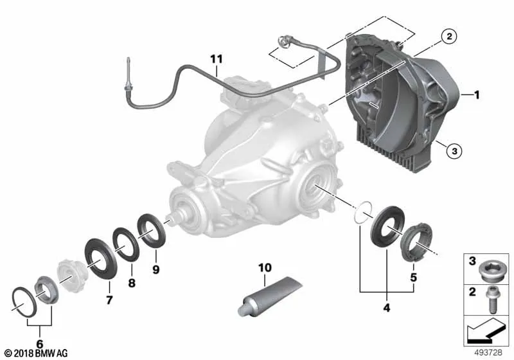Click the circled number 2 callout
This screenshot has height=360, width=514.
click(x=449, y=36)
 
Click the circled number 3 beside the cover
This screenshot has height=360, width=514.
click(x=454, y=151)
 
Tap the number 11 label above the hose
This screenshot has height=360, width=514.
click(x=217, y=59)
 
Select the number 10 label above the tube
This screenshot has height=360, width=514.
click(x=265, y=268)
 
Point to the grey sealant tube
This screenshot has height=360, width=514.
click(x=269, y=297)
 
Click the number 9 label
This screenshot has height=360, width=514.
click(x=156, y=269)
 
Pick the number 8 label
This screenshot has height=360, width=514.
click(x=132, y=283)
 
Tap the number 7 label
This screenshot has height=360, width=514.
click(x=109, y=300)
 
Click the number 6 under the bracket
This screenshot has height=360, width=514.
click(x=40, y=344)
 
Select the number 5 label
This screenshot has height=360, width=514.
click(x=413, y=277)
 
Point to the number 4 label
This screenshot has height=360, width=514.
click(x=387, y=308)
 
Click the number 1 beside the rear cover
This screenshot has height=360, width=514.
click(x=477, y=94)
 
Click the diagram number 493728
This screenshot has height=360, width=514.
click(x=488, y=352)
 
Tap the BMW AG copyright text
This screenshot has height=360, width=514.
click(x=36, y=353)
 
